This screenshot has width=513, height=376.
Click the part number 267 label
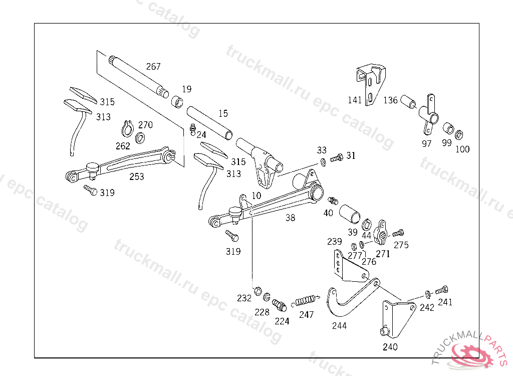click(153, 67)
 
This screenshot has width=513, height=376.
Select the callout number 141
click(355, 100)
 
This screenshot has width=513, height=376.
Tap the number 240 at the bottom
click(390, 347)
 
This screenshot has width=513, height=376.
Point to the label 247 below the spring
click(306, 315)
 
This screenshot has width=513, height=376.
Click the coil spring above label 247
click(305, 301)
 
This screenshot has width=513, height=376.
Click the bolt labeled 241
click(441, 290)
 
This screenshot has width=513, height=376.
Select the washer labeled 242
click(427, 293)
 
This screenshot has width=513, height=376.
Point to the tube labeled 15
click(210, 123)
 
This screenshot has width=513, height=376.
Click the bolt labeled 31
click(337, 158)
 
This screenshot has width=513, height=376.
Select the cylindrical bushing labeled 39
click(349, 214)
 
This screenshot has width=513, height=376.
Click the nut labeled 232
click(258, 290)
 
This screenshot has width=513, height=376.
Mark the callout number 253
click(136, 176)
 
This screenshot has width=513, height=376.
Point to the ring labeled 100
click(459, 135)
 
